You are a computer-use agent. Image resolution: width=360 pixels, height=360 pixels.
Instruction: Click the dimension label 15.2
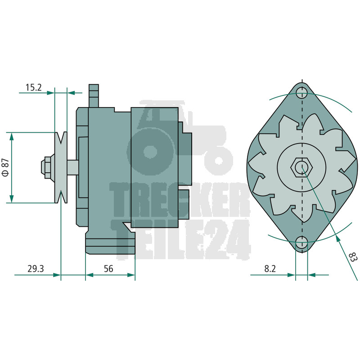pos(33,87)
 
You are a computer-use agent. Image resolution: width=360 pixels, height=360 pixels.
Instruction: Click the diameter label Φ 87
pos(5,167)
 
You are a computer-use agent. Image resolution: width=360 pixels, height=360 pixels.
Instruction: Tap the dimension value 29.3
pos(36,269)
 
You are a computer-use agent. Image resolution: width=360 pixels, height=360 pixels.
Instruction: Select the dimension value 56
pos(108,269)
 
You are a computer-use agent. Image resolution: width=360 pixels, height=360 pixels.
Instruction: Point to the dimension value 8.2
pos(270,269)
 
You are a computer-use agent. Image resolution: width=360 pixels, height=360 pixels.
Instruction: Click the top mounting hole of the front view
pos(301,93)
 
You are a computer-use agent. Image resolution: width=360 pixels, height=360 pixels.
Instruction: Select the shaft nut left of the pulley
pos(48,167)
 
